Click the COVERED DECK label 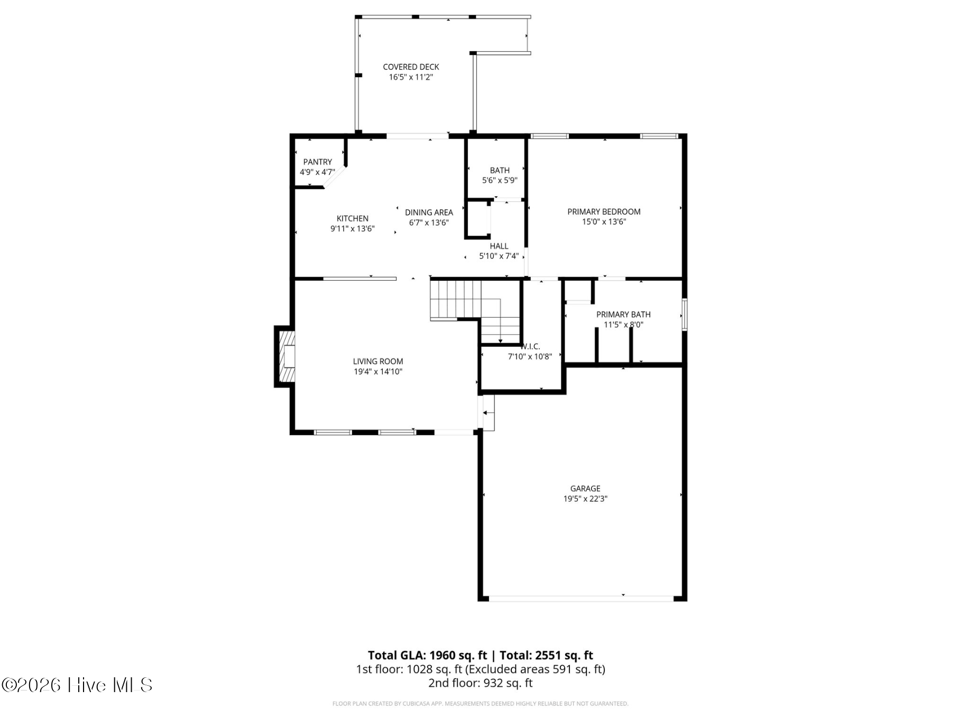click(411, 67)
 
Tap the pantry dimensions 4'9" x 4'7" click(317, 172)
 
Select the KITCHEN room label click(352, 218)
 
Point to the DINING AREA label click(429, 213)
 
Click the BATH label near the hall click(499, 170)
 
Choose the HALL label click(499, 246)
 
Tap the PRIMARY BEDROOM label click(604, 211)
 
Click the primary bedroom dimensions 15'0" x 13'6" click(604, 222)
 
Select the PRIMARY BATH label click(623, 315)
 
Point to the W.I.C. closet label click(530, 347)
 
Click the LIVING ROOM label click(378, 362)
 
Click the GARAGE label click(585, 489)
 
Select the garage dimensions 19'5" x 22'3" click(585, 499)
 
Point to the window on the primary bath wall click(684, 315)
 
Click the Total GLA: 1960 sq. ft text click(427, 656)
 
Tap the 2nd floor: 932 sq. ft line click(480, 683)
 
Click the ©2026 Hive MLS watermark click(77, 685)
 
